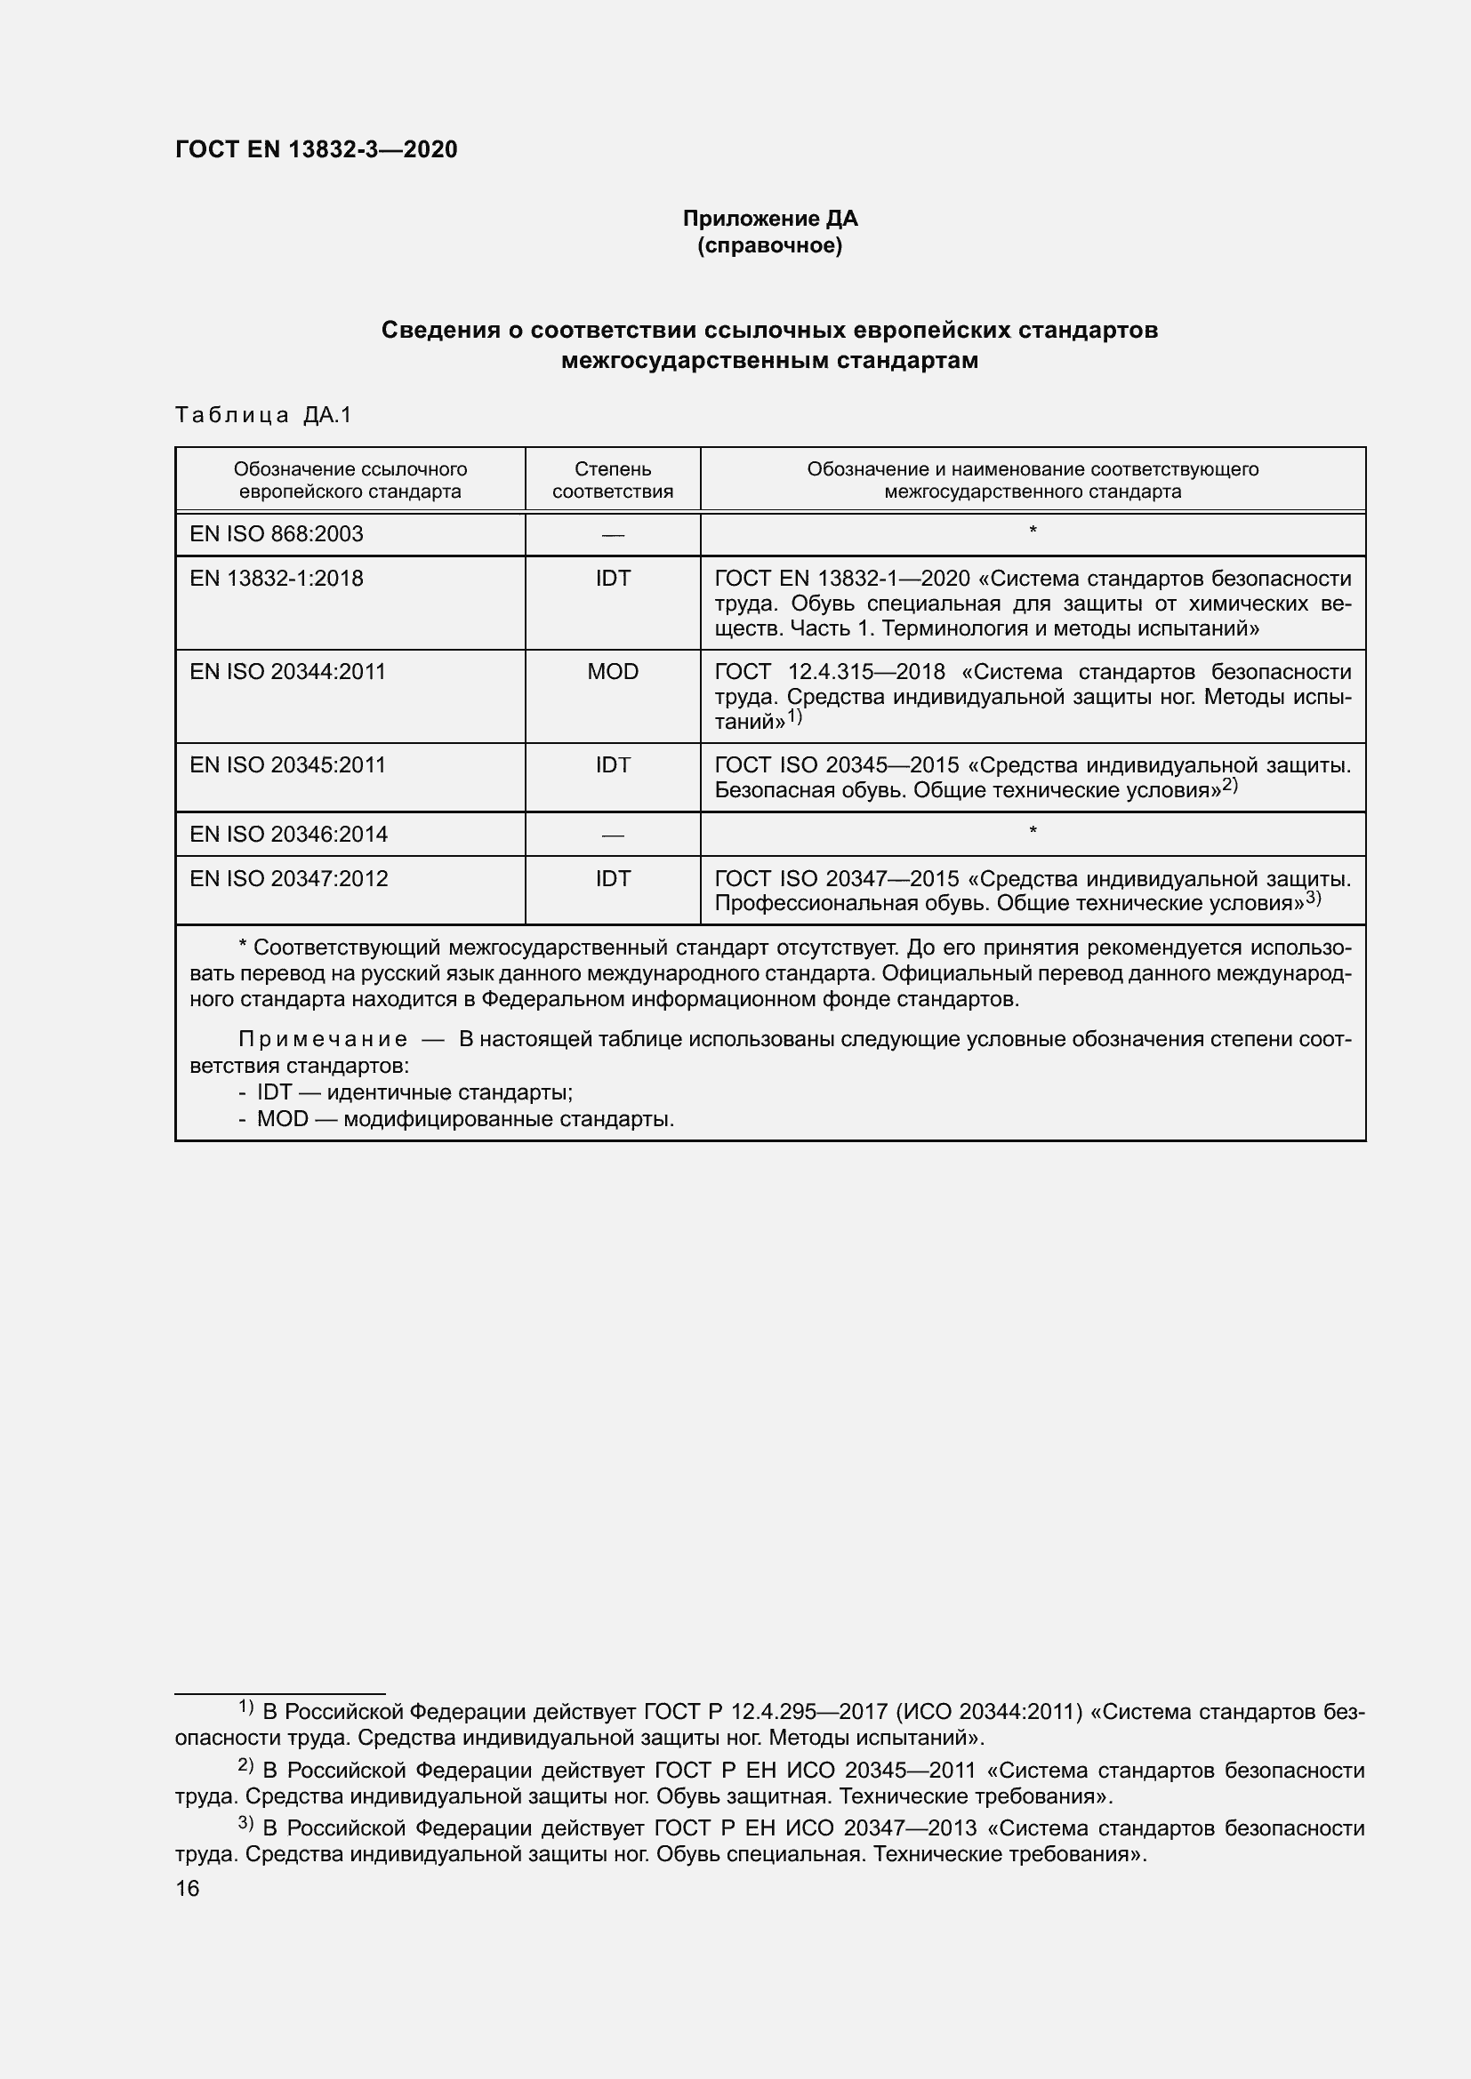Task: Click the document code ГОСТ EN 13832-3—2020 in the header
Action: pos(316,149)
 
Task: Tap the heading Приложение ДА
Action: pos(770,219)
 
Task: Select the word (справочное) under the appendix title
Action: pos(770,245)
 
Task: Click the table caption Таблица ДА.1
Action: pos(262,415)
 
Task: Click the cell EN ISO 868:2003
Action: pos(277,534)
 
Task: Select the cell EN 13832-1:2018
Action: pos(277,579)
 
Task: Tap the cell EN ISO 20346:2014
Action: pos(288,834)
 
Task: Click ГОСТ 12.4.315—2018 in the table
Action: pos(830,672)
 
